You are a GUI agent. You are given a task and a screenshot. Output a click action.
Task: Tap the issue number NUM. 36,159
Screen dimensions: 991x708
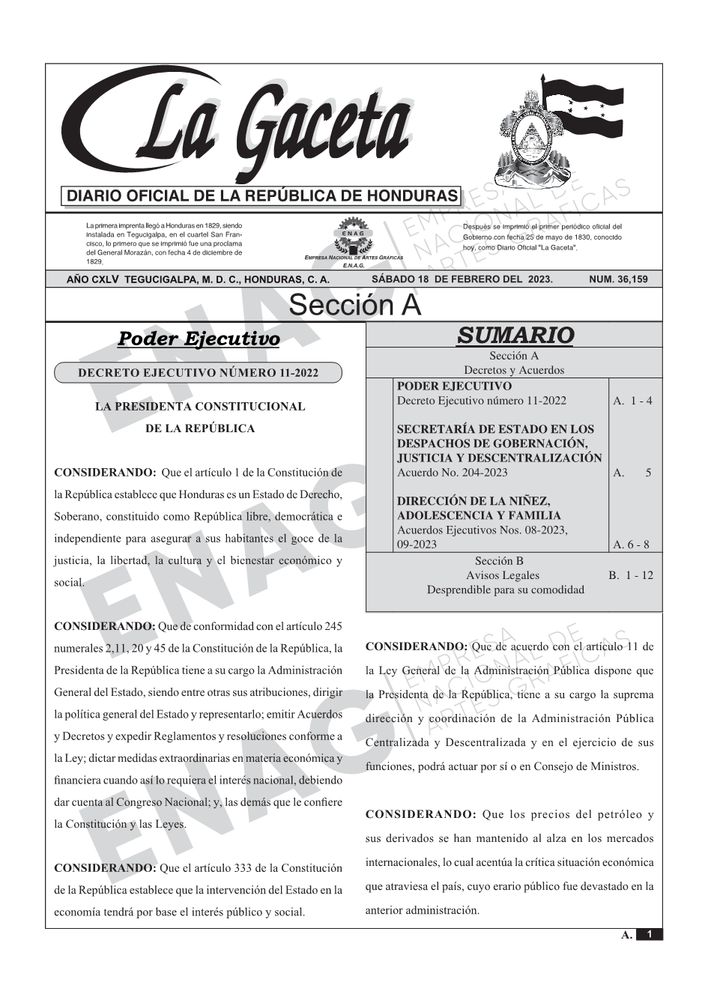pyautogui.click(x=618, y=279)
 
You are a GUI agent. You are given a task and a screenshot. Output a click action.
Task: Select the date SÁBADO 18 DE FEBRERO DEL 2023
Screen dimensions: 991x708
pyautogui.click(x=462, y=279)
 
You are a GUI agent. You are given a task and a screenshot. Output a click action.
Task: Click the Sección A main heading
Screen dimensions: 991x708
pyautogui.click(x=354, y=306)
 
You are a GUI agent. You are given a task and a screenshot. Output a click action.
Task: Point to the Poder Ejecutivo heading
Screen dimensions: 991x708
pyautogui.click(x=199, y=339)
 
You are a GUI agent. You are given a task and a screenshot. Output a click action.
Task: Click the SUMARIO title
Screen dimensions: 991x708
pyautogui.click(x=515, y=336)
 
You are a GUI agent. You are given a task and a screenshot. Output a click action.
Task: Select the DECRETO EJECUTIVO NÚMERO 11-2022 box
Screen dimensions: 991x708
pyautogui.click(x=198, y=373)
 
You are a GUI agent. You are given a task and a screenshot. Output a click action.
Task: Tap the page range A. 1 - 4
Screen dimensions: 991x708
pyautogui.click(x=632, y=401)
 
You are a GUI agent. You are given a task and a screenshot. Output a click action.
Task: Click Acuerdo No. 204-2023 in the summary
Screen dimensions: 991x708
pyautogui.click(x=452, y=472)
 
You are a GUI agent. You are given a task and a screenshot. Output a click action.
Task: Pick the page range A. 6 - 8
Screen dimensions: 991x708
pyautogui.click(x=631, y=545)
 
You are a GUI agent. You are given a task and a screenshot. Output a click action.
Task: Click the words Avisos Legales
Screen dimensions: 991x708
pyautogui.click(x=502, y=575)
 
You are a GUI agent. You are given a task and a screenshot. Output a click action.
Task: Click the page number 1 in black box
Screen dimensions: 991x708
pyautogui.click(x=650, y=934)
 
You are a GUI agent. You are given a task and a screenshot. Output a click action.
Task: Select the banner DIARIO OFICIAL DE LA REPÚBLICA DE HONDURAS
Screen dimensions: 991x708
pyautogui.click(x=263, y=196)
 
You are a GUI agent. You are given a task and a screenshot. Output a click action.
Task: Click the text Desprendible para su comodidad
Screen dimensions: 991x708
pyautogui.click(x=505, y=590)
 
